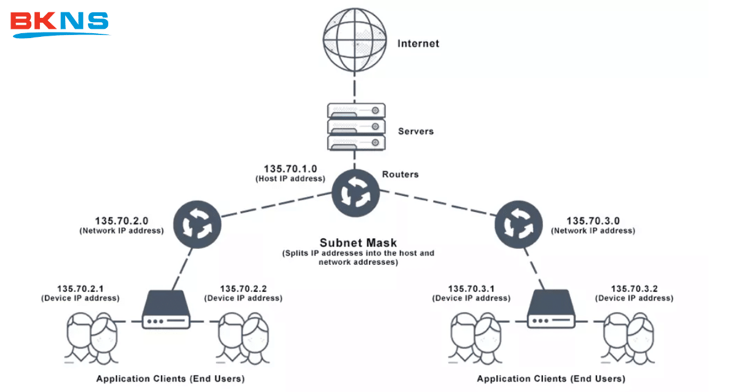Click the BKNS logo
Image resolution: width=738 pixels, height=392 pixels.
click(x=60, y=23)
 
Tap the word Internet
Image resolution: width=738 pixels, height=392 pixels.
click(x=418, y=44)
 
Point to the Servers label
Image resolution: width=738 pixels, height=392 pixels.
click(x=416, y=131)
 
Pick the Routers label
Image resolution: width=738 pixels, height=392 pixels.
click(x=400, y=174)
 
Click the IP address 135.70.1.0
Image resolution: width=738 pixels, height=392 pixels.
click(x=290, y=169)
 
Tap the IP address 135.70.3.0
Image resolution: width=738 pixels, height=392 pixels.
click(x=593, y=221)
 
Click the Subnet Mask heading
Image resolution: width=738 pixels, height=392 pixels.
click(x=358, y=243)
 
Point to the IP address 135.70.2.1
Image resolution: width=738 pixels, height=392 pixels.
click(x=80, y=288)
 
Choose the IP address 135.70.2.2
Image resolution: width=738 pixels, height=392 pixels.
click(x=243, y=288)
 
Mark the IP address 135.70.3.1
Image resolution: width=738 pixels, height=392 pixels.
click(x=471, y=288)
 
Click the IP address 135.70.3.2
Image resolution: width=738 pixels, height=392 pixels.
click(x=634, y=288)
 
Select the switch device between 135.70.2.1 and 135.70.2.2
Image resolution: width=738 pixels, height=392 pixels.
click(x=166, y=311)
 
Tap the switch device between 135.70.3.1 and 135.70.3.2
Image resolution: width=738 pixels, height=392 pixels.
click(x=552, y=311)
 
